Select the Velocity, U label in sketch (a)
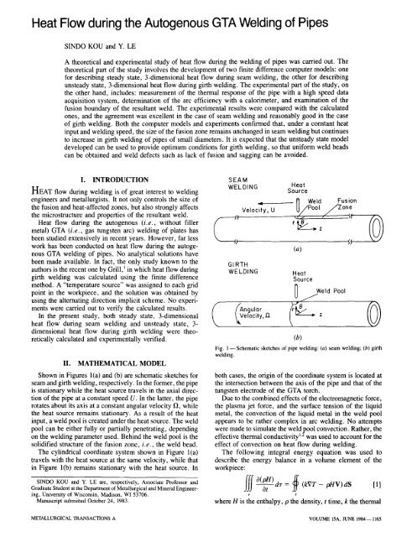(x=261, y=210)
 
